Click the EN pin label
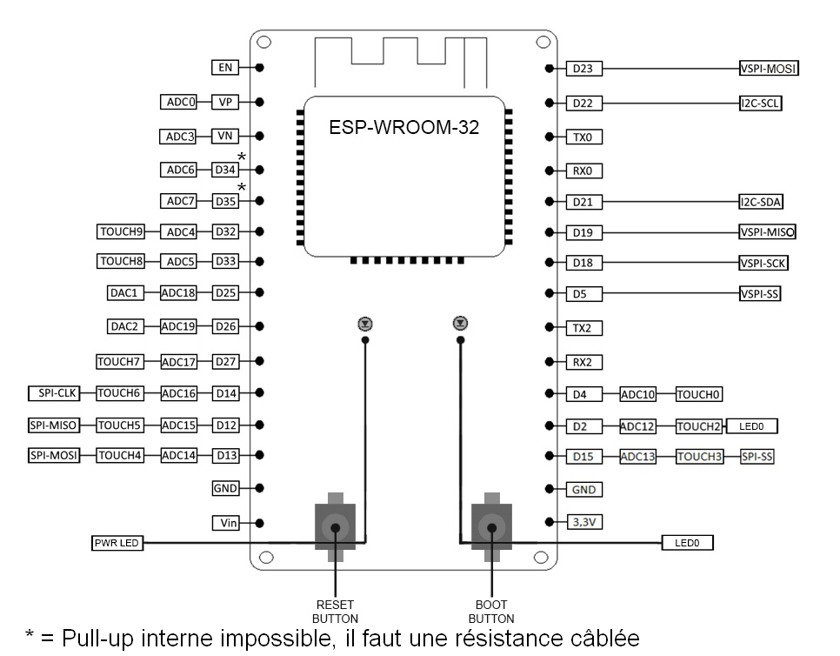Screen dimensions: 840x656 point(225,68)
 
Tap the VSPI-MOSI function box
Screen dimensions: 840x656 point(769,68)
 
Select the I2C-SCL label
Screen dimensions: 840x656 point(760,103)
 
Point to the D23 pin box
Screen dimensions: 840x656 point(584,69)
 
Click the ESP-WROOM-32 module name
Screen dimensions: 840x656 point(404,127)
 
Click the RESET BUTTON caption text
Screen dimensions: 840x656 point(336,612)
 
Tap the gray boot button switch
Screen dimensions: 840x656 point(491,527)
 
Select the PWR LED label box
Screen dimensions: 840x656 point(117,543)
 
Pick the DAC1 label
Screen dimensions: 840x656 point(125,292)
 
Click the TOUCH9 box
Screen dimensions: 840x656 point(121,231)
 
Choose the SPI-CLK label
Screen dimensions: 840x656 point(54,393)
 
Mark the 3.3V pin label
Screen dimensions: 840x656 point(584,522)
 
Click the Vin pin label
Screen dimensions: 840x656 point(225,523)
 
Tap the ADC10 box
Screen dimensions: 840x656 point(637,394)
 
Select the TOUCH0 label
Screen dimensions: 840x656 point(698,394)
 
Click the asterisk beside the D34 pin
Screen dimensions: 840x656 point(242,157)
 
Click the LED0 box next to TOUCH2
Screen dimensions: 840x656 point(751,426)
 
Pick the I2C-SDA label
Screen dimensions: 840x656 point(761,202)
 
